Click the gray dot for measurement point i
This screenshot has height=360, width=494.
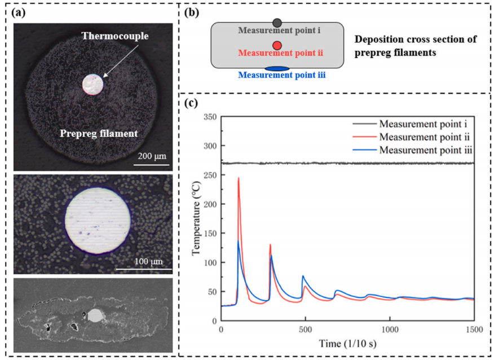tap(277, 23)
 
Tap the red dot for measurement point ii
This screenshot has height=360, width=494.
tap(277, 45)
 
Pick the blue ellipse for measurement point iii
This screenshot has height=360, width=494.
tap(277, 68)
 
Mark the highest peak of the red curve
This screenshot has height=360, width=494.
tap(239, 178)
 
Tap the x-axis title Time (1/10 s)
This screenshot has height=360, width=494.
tap(347, 343)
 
